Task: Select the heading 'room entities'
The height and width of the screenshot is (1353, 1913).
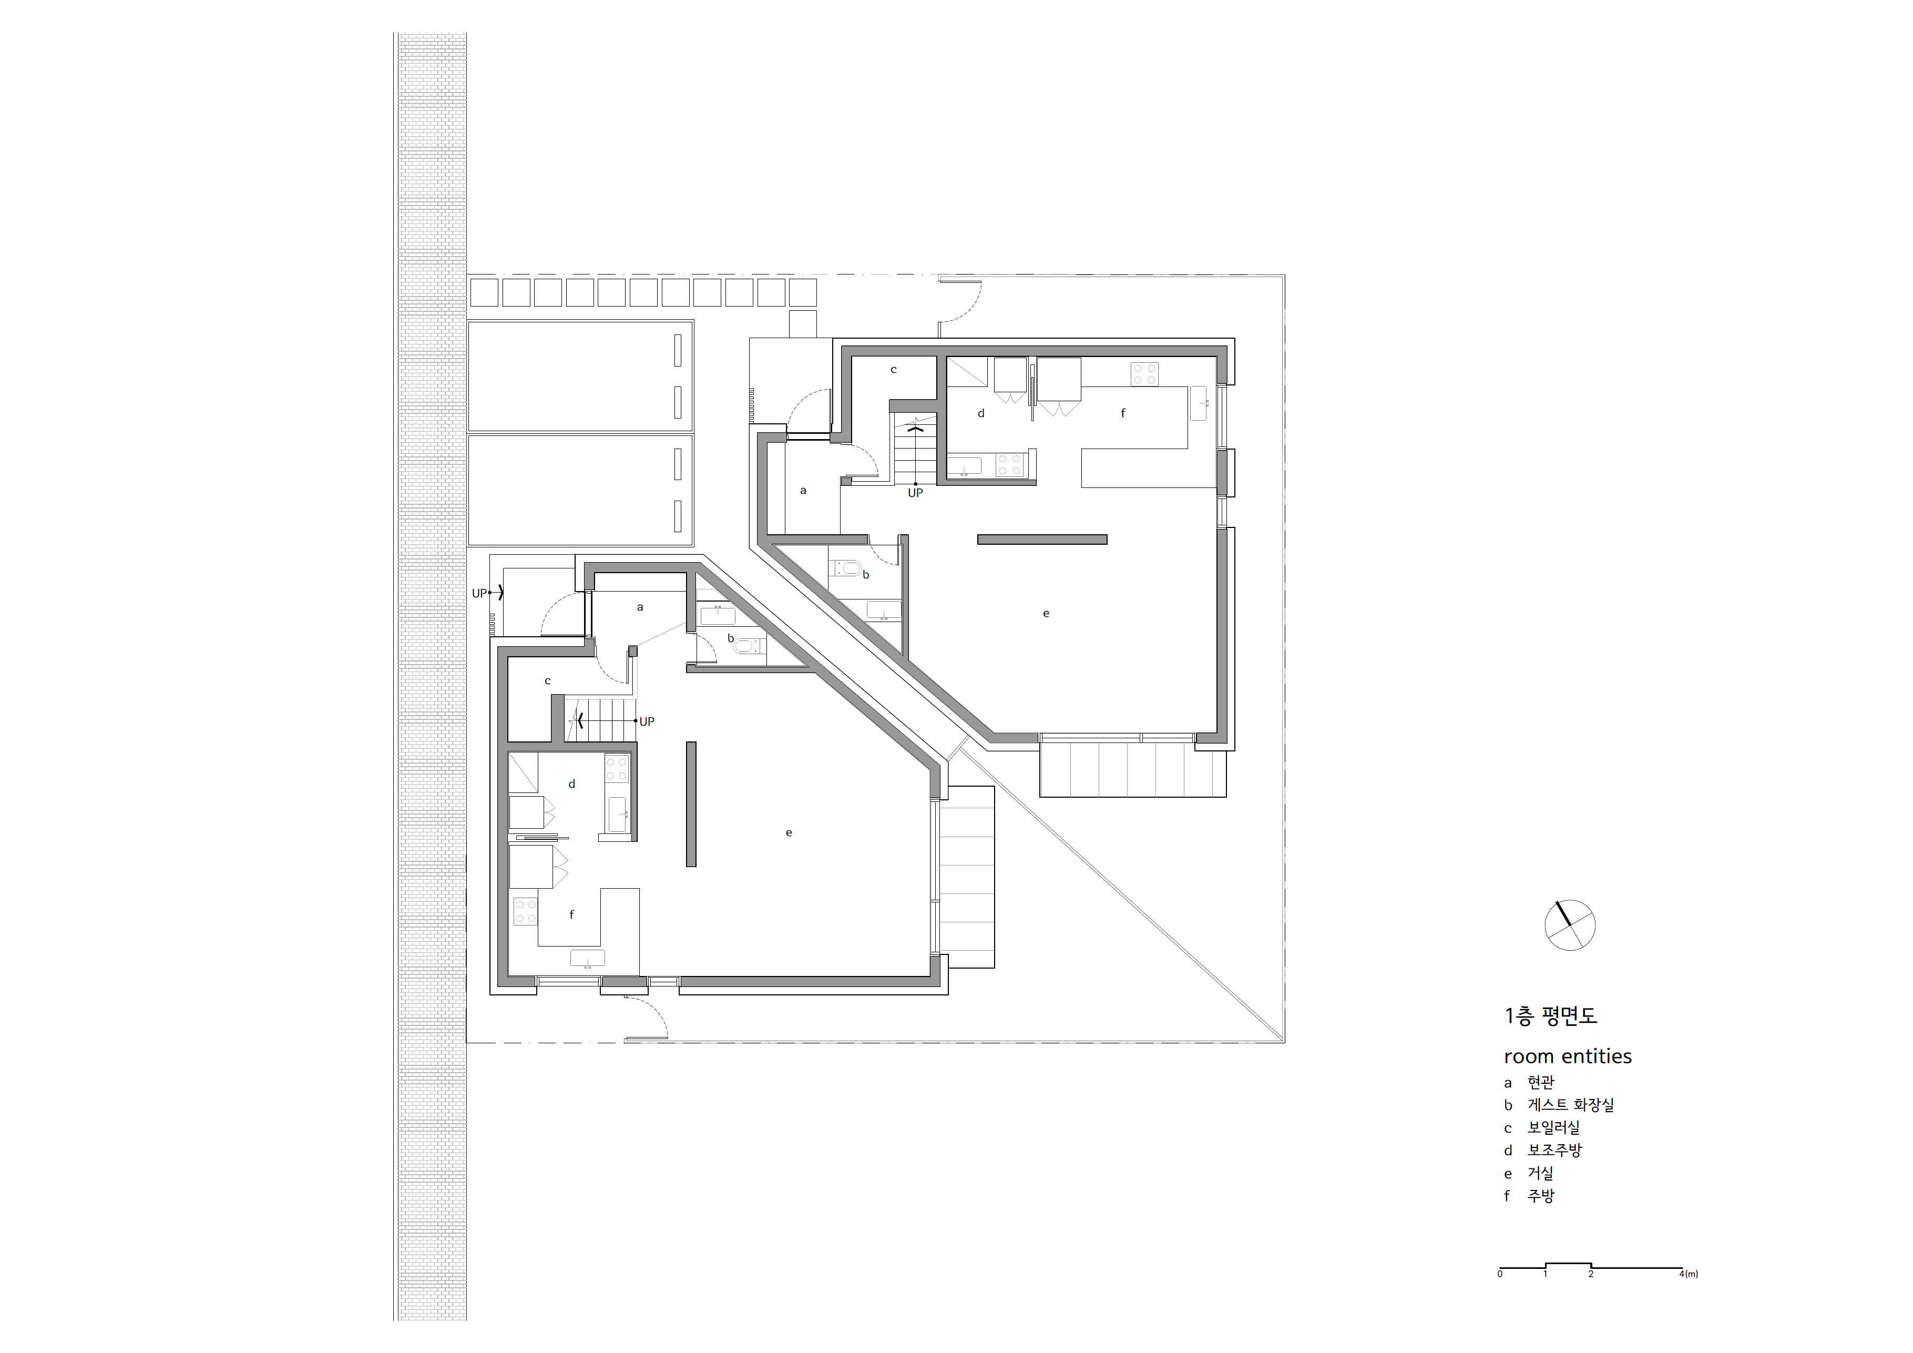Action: (1567, 1056)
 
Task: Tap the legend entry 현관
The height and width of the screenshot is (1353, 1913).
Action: (1541, 1082)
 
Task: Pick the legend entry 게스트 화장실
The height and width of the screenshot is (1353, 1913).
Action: (1571, 1105)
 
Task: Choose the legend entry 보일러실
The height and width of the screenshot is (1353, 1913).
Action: (1553, 1127)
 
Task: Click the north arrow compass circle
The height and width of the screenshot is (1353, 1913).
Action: (1570, 925)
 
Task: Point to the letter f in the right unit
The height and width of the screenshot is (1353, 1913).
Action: (1122, 413)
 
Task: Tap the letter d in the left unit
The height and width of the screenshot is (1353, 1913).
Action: (571, 784)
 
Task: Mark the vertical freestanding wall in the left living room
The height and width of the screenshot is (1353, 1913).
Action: (691, 803)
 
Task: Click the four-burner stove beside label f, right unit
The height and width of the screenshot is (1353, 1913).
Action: (1144, 373)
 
